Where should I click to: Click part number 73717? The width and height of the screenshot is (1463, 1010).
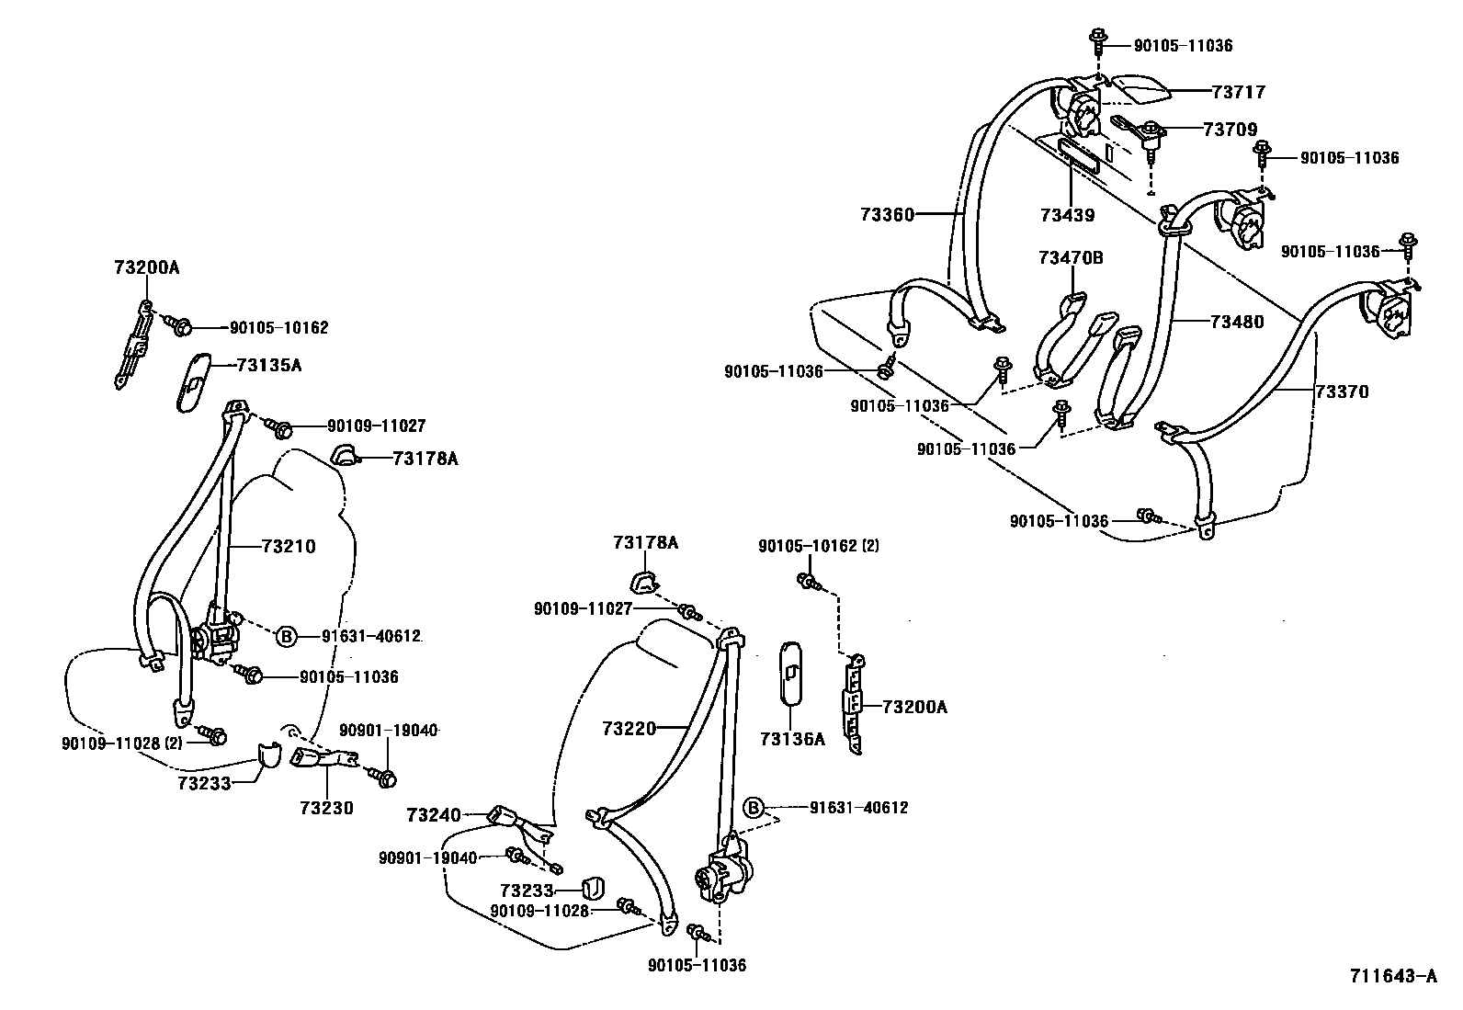click(x=1238, y=92)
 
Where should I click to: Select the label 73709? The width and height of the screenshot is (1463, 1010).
click(x=1230, y=130)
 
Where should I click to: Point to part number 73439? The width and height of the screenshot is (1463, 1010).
click(x=1067, y=216)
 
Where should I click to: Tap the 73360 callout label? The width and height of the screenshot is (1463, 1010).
click(x=887, y=215)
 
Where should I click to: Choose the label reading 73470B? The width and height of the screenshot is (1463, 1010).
click(x=1071, y=258)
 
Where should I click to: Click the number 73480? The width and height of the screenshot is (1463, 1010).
click(x=1236, y=323)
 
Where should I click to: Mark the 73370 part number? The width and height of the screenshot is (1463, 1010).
click(x=1341, y=392)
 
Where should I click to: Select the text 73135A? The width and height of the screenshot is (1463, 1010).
click(x=268, y=365)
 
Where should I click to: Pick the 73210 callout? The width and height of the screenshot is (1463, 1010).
click(x=288, y=547)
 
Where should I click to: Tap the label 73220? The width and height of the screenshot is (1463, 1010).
click(x=629, y=729)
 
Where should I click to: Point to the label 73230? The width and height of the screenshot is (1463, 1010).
click(x=326, y=808)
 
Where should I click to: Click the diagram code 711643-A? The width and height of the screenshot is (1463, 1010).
click(x=1392, y=976)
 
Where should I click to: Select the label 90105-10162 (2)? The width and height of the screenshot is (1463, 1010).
click(x=818, y=546)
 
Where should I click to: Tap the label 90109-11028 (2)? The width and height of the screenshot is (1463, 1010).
click(x=120, y=743)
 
